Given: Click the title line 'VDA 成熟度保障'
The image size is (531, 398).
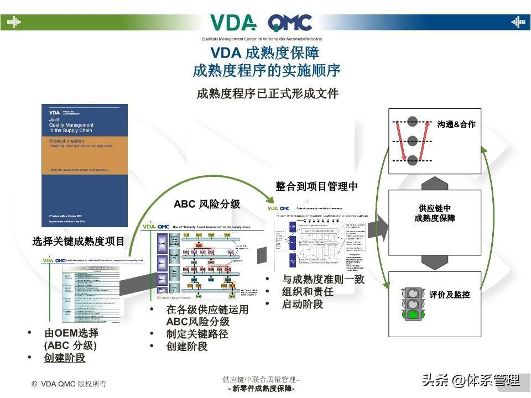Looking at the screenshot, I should point(265,53).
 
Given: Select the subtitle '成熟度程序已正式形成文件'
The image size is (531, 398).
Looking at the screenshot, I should point(267,93).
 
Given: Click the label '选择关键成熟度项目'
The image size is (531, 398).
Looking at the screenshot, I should point(79,242).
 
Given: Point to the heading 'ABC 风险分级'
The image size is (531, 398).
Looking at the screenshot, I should point(207,204).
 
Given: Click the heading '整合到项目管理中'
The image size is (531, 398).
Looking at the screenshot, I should point(316,187).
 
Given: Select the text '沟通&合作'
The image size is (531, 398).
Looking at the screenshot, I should point(456,124).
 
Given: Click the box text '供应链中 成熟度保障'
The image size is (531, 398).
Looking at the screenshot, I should point(434,213).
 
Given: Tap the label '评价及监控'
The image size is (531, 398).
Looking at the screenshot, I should point(449,295).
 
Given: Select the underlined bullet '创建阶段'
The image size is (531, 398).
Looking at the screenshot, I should point(65,358).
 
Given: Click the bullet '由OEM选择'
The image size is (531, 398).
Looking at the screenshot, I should point(71,333).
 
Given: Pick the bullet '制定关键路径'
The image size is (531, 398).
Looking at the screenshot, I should point(197,334).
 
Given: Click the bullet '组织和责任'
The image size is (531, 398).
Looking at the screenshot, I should point(308,292).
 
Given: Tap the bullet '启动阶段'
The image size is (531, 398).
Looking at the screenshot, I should point(302,304).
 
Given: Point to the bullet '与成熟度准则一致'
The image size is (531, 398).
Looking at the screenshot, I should point(323,279).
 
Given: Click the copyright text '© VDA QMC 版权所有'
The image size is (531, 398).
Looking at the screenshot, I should point(69,384).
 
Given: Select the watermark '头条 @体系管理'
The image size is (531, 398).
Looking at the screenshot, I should point(471,380).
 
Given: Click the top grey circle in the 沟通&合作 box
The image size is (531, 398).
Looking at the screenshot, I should point(413,120).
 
